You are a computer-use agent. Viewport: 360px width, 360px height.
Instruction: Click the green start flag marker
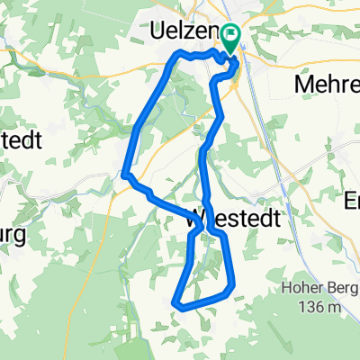click(231, 39)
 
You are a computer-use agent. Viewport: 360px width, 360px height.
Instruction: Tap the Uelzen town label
click(185, 33)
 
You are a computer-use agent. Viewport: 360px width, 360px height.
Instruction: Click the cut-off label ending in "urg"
click(13, 238)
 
